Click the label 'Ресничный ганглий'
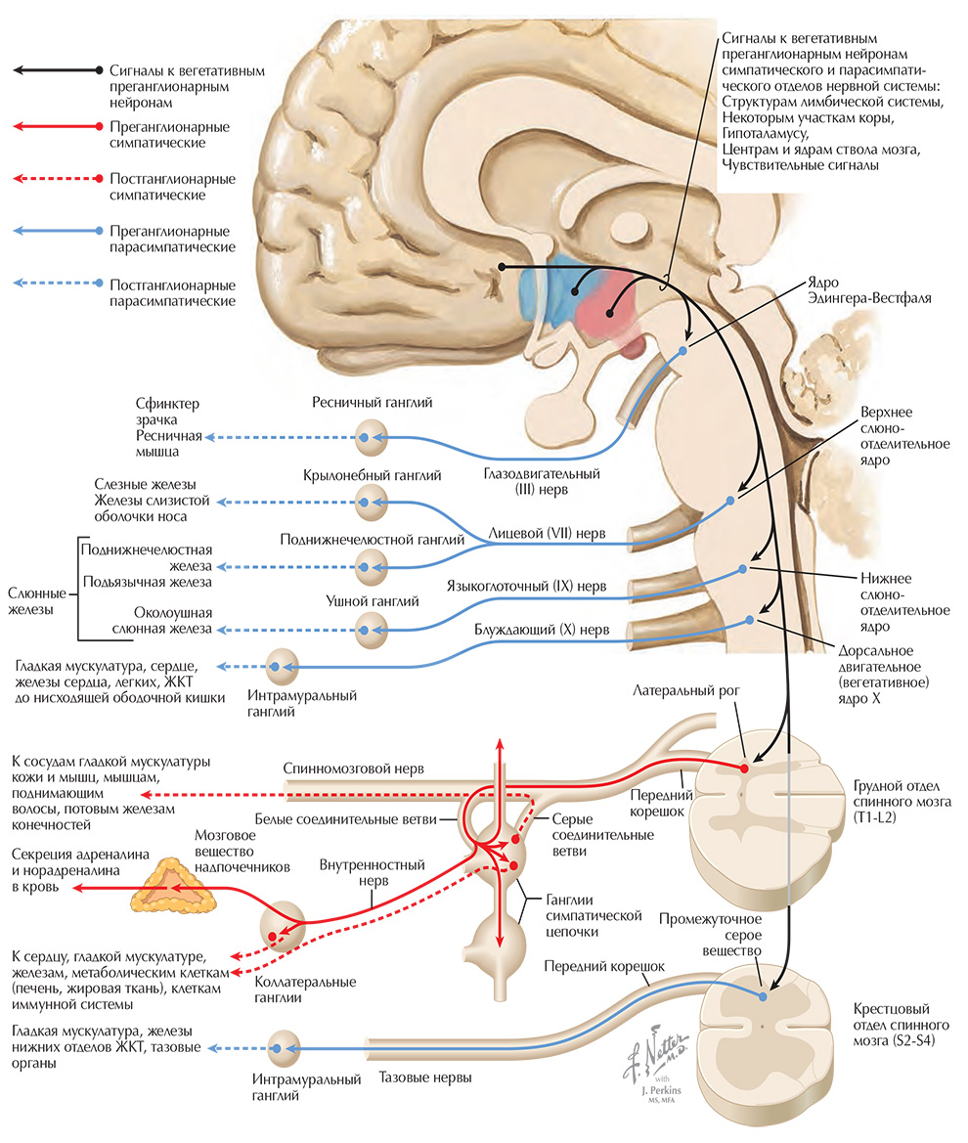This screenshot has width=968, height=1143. [x=373, y=402]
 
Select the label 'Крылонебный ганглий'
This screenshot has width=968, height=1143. [x=372, y=475]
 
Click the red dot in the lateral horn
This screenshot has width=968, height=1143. [x=745, y=769]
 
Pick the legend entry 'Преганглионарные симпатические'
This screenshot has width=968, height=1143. [x=172, y=135]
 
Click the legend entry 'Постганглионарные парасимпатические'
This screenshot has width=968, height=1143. [x=172, y=293]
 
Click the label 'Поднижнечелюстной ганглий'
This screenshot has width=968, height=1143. [x=372, y=539]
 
